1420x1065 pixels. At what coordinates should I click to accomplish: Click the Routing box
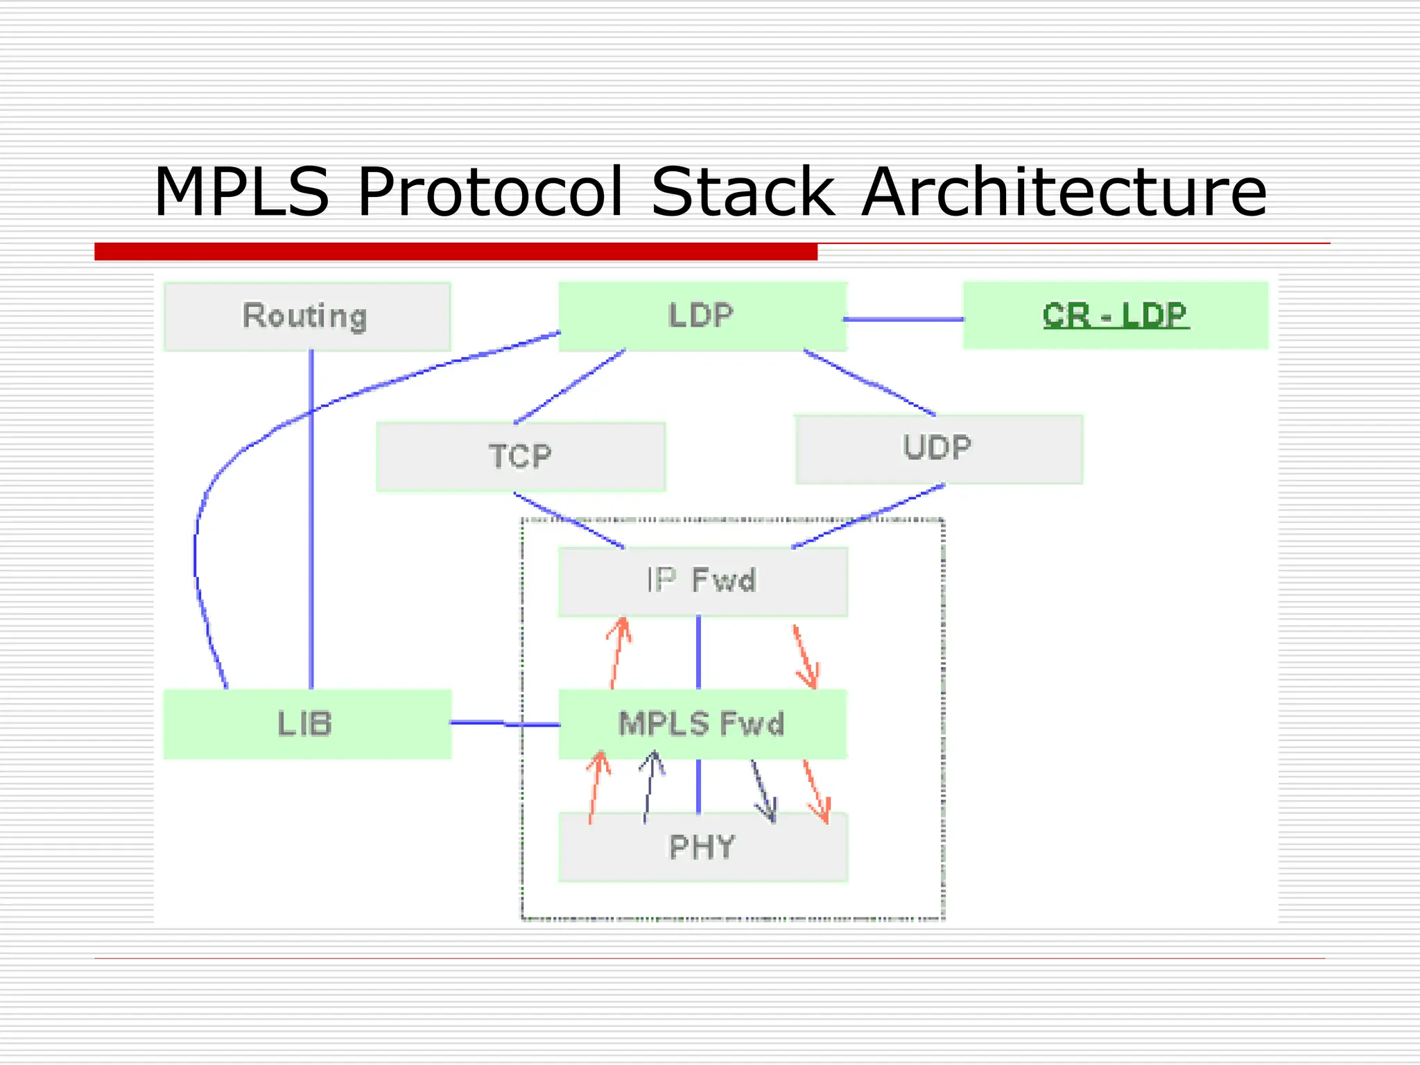click(x=306, y=316)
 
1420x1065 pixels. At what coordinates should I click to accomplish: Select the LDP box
click(x=702, y=316)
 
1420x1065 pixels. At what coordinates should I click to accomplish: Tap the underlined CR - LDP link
click(x=1115, y=315)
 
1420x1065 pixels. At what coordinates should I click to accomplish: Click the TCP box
click(x=520, y=457)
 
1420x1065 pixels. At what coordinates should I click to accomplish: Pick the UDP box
click(x=938, y=449)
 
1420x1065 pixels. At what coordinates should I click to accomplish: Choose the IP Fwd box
click(x=702, y=581)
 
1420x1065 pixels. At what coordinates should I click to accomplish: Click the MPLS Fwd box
click(x=702, y=724)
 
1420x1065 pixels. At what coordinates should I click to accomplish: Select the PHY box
click(x=702, y=847)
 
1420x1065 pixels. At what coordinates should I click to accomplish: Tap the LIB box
click(x=306, y=724)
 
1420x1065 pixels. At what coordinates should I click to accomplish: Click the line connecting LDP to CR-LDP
click(x=903, y=320)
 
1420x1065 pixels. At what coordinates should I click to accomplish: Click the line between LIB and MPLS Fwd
click(x=505, y=724)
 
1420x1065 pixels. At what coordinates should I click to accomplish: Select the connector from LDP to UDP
click(x=870, y=383)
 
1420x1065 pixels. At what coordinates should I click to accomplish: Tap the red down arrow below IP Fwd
click(x=806, y=657)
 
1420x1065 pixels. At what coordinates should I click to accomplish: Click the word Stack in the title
click(x=742, y=192)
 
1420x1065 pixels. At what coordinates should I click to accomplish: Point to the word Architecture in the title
click(x=1064, y=192)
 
